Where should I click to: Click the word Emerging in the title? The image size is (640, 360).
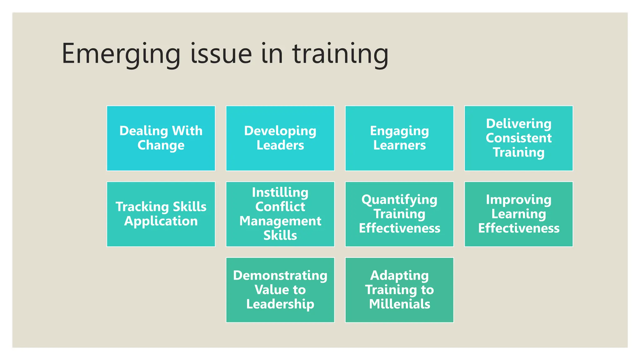pos(121,54)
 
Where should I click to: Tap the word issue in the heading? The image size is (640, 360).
pos(221,54)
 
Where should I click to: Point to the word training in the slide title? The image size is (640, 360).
pos(340,54)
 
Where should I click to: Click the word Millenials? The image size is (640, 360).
pos(399,304)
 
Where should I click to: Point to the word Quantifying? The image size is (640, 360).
pos(399,200)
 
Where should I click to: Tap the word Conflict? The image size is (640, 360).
pos(280,207)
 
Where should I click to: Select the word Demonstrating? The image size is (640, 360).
pos(280,275)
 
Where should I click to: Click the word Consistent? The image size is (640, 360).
pos(518,138)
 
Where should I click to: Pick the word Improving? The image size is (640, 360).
pos(518,200)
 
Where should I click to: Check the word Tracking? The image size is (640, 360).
pos(142,207)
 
